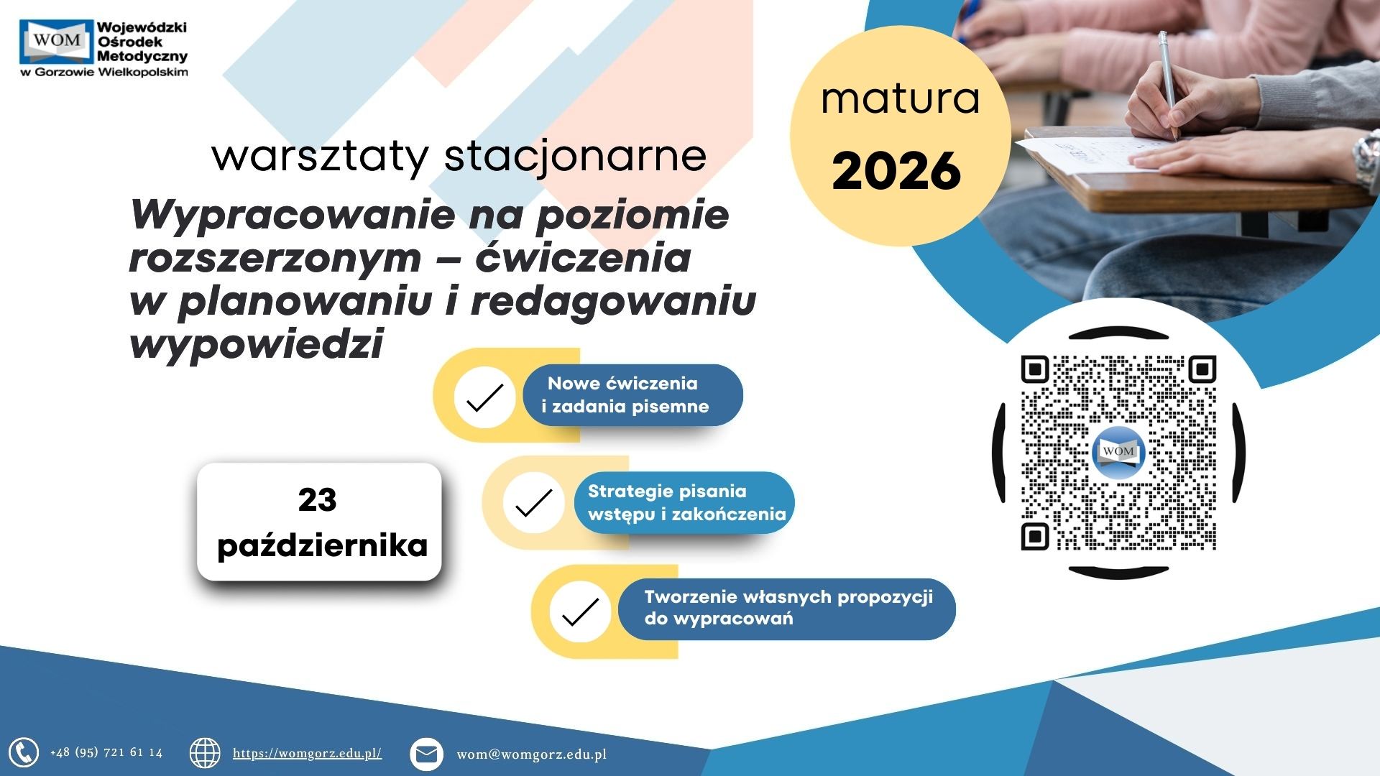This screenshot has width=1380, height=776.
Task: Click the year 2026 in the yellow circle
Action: click(896, 171)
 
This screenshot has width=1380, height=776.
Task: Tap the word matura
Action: click(901, 98)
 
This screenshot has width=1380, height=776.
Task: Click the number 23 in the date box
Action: click(317, 500)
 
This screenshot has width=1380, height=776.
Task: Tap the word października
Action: click(322, 546)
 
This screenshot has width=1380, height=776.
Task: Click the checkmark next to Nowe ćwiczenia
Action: click(485, 397)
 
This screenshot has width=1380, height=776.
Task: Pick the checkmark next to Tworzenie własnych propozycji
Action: click(580, 612)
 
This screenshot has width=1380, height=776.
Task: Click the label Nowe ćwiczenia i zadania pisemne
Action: click(625, 394)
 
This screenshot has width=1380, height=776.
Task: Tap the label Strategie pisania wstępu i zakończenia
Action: click(686, 502)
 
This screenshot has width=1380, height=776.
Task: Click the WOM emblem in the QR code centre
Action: click(1118, 453)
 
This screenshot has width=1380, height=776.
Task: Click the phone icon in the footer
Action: click(24, 753)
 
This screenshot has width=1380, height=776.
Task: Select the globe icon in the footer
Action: click(205, 753)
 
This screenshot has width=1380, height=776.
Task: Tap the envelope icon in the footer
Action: click(426, 754)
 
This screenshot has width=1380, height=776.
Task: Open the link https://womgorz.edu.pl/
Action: click(307, 753)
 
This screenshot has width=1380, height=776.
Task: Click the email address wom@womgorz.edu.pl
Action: click(532, 754)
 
